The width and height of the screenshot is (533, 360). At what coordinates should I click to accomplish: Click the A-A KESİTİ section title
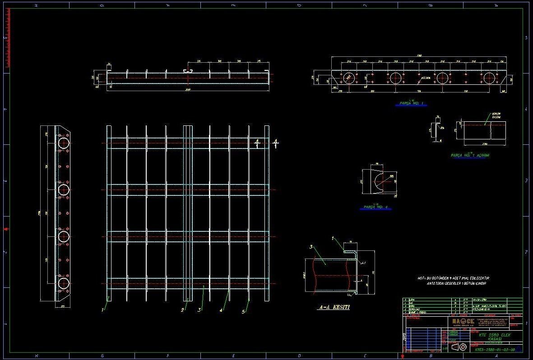click(x=334, y=307)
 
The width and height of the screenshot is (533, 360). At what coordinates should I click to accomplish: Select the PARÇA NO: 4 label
click(x=375, y=208)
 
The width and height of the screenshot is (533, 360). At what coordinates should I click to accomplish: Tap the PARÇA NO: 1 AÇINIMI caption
click(x=470, y=155)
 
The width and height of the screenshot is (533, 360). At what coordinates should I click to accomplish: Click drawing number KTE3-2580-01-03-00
click(x=495, y=349)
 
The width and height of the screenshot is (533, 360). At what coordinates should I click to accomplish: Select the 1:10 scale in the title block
click(x=445, y=348)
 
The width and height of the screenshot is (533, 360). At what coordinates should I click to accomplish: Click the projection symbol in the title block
click(x=459, y=347)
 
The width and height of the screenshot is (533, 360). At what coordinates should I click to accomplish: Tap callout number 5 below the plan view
click(x=244, y=311)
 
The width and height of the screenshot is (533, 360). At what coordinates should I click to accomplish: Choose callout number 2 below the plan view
click(x=182, y=310)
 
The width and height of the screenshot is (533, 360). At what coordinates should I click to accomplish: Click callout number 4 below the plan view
click(x=221, y=310)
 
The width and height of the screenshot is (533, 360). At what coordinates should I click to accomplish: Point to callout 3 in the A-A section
click(x=311, y=247)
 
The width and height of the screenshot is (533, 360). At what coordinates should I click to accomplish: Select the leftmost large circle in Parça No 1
click(x=348, y=78)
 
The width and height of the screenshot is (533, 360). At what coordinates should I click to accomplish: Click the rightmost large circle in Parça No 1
click(x=489, y=78)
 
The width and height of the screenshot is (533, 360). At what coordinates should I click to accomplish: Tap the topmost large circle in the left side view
click(x=64, y=143)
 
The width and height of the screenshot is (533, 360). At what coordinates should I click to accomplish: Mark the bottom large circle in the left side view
click(x=64, y=284)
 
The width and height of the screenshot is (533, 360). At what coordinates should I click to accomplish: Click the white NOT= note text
click(x=453, y=280)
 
